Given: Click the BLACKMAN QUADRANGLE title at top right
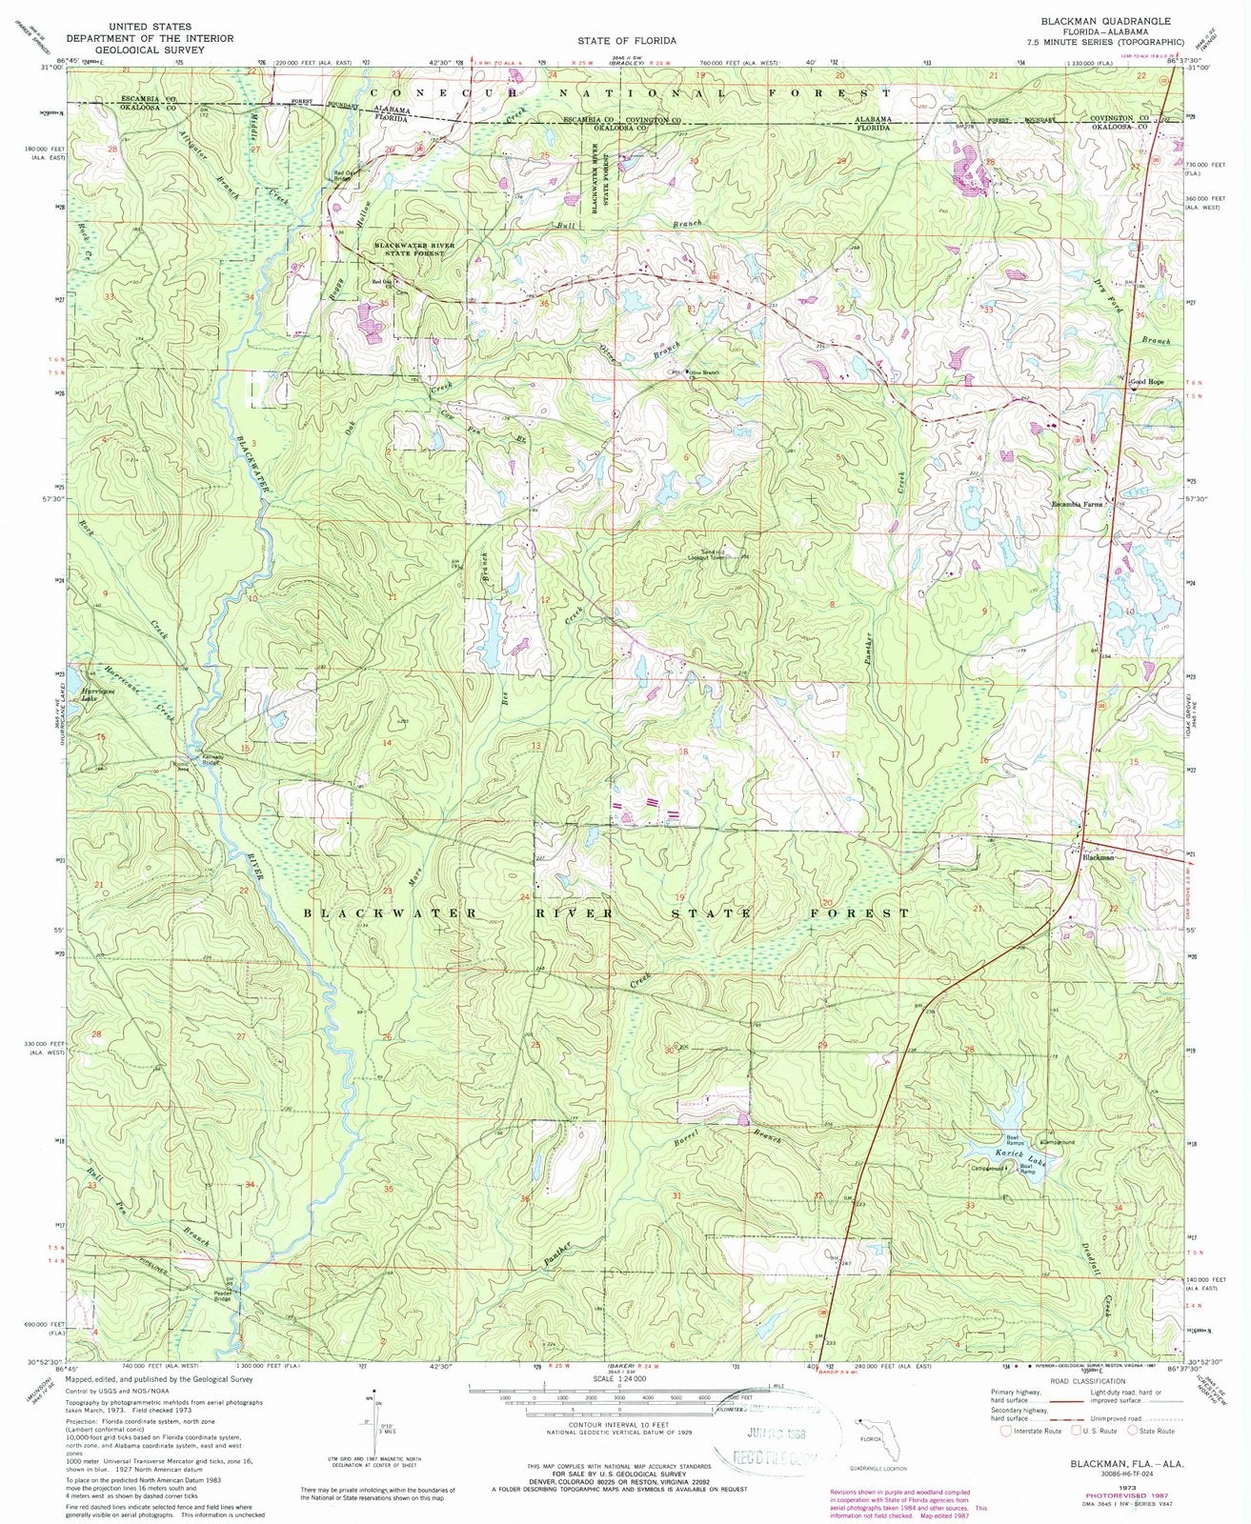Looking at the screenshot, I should pyautogui.click(x=1106, y=19).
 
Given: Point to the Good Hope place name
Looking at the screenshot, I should pyautogui.click(x=1147, y=383).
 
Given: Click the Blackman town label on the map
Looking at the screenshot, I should pyautogui.click(x=1098, y=857).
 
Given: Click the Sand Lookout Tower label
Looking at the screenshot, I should pyautogui.click(x=716, y=554).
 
